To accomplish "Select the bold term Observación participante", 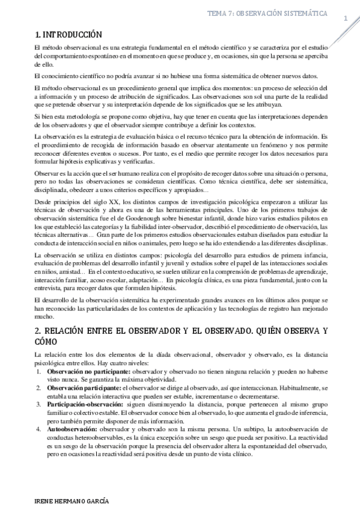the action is (77, 389).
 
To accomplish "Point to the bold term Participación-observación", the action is (79, 404).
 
